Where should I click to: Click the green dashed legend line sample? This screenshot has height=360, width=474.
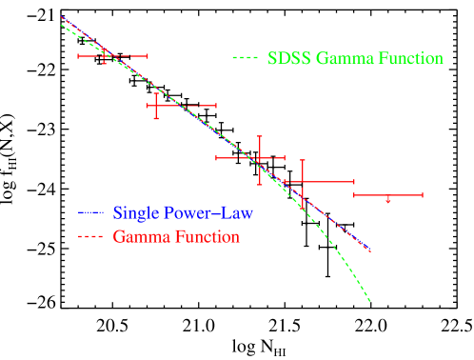(245, 59)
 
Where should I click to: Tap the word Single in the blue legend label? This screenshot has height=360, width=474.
(134, 212)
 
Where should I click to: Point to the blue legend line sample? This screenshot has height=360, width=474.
(90, 212)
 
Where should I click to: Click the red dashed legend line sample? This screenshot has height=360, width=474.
(90, 237)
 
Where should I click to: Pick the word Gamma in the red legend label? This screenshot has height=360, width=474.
(137, 237)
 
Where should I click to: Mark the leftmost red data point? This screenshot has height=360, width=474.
(105, 56)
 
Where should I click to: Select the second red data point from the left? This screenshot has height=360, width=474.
(155, 105)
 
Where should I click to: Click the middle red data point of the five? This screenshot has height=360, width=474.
(258, 157)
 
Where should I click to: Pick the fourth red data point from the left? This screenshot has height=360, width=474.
(303, 181)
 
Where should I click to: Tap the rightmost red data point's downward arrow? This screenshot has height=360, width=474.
(388, 200)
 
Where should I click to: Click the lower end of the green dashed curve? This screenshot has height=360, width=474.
(369, 302)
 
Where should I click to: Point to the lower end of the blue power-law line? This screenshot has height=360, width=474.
(369, 251)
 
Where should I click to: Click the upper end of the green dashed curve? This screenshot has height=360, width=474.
(61, 24)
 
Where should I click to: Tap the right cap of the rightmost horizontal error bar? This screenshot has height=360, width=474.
(423, 195)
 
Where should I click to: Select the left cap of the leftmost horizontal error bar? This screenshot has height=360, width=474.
(79, 56)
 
